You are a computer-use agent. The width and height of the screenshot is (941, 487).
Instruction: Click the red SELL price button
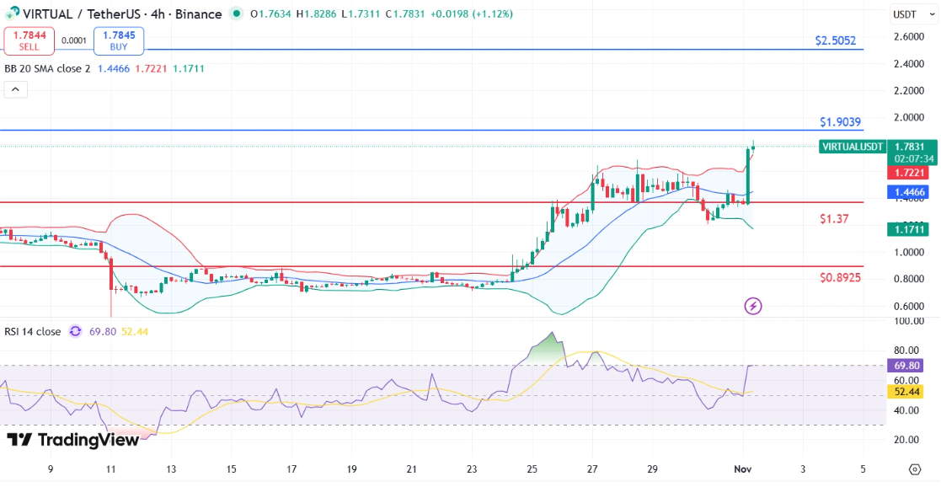pyautogui.click(x=29, y=40)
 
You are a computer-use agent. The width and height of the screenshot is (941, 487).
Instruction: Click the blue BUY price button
pyautogui.click(x=119, y=40)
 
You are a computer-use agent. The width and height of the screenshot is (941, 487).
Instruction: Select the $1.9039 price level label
pyautogui.click(x=840, y=122)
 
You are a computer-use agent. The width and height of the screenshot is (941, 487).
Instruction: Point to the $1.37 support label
pyautogui.click(x=834, y=219)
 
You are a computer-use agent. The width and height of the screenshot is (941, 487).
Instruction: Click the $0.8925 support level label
pyautogui.click(x=840, y=277)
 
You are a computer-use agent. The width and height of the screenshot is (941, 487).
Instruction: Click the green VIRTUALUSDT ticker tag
pyautogui.click(x=853, y=147)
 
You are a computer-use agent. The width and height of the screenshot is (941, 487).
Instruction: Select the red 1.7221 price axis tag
pyautogui.click(x=911, y=173)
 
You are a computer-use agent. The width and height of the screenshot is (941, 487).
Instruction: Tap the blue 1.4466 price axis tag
pyautogui.click(x=911, y=192)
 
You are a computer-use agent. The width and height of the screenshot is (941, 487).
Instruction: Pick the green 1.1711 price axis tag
pyautogui.click(x=911, y=229)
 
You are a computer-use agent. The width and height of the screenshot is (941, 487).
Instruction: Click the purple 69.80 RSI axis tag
pyautogui.click(x=911, y=366)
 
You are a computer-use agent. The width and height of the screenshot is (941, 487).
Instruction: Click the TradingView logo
pyautogui.click(x=72, y=440)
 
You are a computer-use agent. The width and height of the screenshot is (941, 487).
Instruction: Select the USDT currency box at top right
pyautogui.click(x=905, y=14)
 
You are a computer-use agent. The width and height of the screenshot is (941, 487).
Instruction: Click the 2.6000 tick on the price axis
pyautogui.click(x=908, y=36)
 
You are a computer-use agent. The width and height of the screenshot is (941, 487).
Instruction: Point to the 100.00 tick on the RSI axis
pyautogui.click(x=908, y=321)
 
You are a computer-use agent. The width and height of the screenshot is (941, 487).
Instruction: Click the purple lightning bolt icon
pyautogui.click(x=753, y=306)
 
